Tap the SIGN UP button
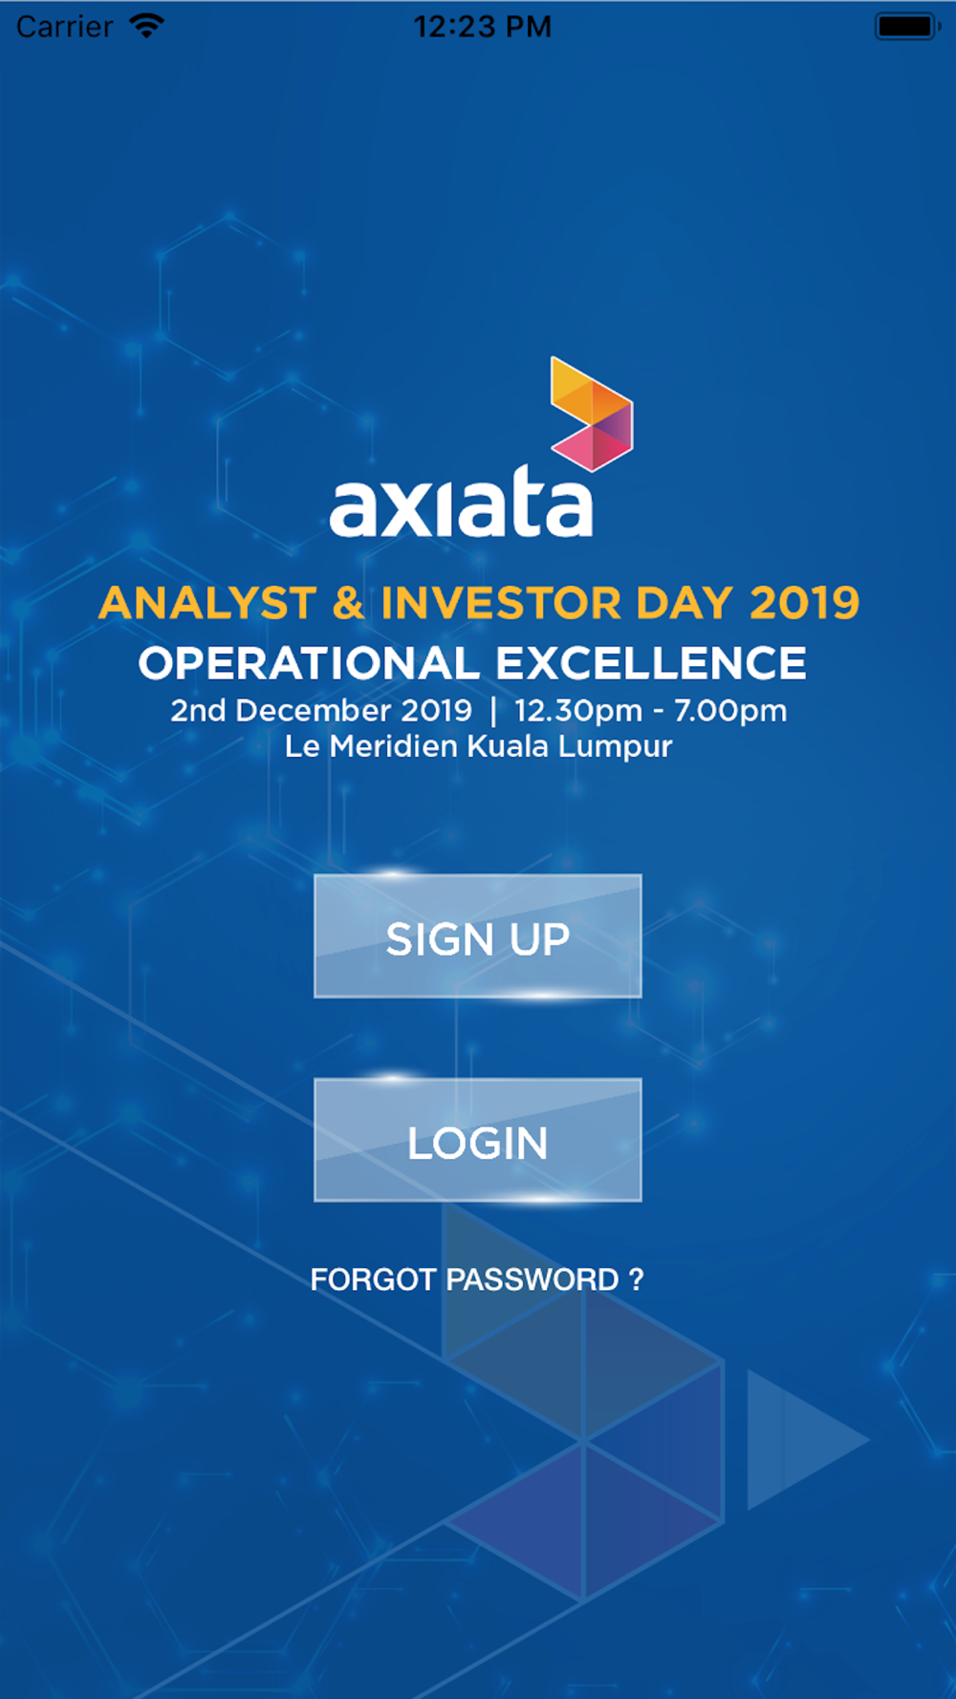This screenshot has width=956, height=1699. (x=478, y=936)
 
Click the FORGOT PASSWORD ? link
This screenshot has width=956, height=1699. (x=477, y=1280)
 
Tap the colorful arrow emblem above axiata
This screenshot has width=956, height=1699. (x=592, y=414)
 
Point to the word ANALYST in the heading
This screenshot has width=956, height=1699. (x=207, y=604)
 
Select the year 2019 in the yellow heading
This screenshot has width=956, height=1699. (x=804, y=604)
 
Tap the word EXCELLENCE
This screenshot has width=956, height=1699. (x=651, y=663)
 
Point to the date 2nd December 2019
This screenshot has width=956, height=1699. (x=321, y=710)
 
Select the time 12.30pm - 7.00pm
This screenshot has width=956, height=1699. (x=650, y=711)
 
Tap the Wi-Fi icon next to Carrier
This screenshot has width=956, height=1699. (x=146, y=26)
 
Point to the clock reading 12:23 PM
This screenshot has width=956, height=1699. (x=483, y=27)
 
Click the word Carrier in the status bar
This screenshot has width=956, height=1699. (x=64, y=27)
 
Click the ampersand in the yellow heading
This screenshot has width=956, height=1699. (x=349, y=604)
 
